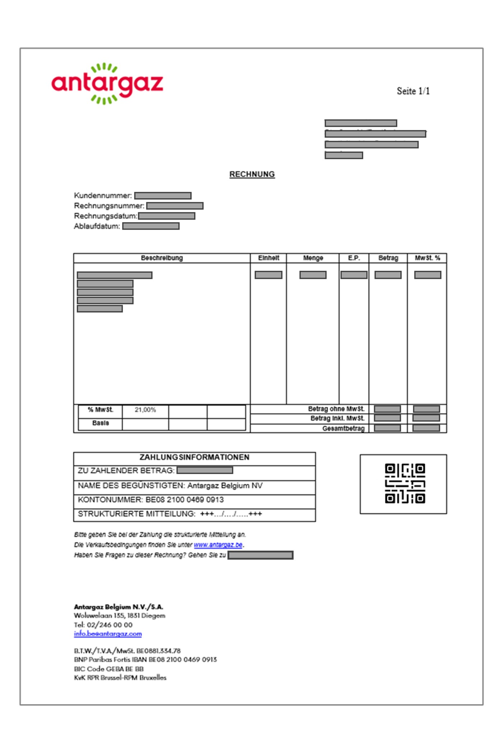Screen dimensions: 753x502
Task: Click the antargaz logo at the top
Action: pos(107,83)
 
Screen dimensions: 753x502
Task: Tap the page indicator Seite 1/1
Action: pos(413,91)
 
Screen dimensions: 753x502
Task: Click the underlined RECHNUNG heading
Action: pos(252,174)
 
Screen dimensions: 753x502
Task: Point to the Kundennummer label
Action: pos(103,196)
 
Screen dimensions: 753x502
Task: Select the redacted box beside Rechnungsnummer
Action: pos(175,206)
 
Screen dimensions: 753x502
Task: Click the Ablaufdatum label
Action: pos(97,226)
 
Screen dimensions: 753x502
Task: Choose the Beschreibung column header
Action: pos(162,258)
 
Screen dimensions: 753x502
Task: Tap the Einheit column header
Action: pos(268,258)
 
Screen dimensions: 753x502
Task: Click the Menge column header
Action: pos(313,258)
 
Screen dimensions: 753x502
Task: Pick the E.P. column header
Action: pos(354,258)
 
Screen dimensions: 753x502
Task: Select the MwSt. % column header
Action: pos(427,258)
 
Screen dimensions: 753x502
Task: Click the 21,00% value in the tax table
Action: pos(145,410)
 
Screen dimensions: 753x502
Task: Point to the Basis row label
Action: pos(100,423)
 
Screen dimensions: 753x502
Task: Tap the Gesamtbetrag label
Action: pos(343,428)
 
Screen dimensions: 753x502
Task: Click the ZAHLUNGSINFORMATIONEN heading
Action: pos(194,457)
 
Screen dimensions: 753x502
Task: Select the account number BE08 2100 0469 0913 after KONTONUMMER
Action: pos(184,500)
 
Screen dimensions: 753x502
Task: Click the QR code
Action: pos(405,483)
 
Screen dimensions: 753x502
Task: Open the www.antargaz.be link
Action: pos(218,545)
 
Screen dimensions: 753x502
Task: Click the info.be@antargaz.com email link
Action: pos(108,634)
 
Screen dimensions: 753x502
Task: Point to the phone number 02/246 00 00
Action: pos(110,625)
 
